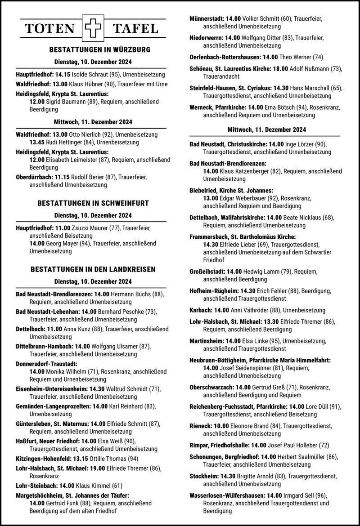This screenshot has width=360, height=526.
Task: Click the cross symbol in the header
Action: tap(93, 28)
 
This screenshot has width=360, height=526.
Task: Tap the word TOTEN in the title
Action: tap(50, 29)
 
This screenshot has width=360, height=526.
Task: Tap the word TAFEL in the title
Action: tap(136, 29)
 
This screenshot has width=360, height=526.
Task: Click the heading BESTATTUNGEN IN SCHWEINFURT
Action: tap(93, 203)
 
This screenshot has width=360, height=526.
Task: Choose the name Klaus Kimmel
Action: tap(93, 486)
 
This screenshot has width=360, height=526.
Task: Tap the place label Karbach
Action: tap(201, 310)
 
